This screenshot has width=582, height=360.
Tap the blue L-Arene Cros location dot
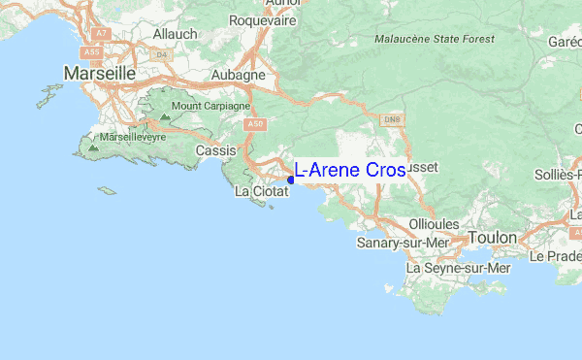pyautogui.click(x=291, y=179)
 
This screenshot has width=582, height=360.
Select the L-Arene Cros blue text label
pyautogui.click(x=350, y=170)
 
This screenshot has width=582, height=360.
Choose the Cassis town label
pyautogui.click(x=215, y=151)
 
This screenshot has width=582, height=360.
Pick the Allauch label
pyautogui.click(x=176, y=33)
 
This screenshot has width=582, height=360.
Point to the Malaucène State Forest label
pyautogui.click(x=435, y=39)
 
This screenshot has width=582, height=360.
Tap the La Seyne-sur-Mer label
pyautogui.click(x=458, y=267)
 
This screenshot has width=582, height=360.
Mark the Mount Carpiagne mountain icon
pyautogui.click(x=164, y=117)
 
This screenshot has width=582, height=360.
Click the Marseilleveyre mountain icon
pyautogui.click(x=93, y=149)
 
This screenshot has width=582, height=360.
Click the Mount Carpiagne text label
pyautogui.click(x=210, y=106)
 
